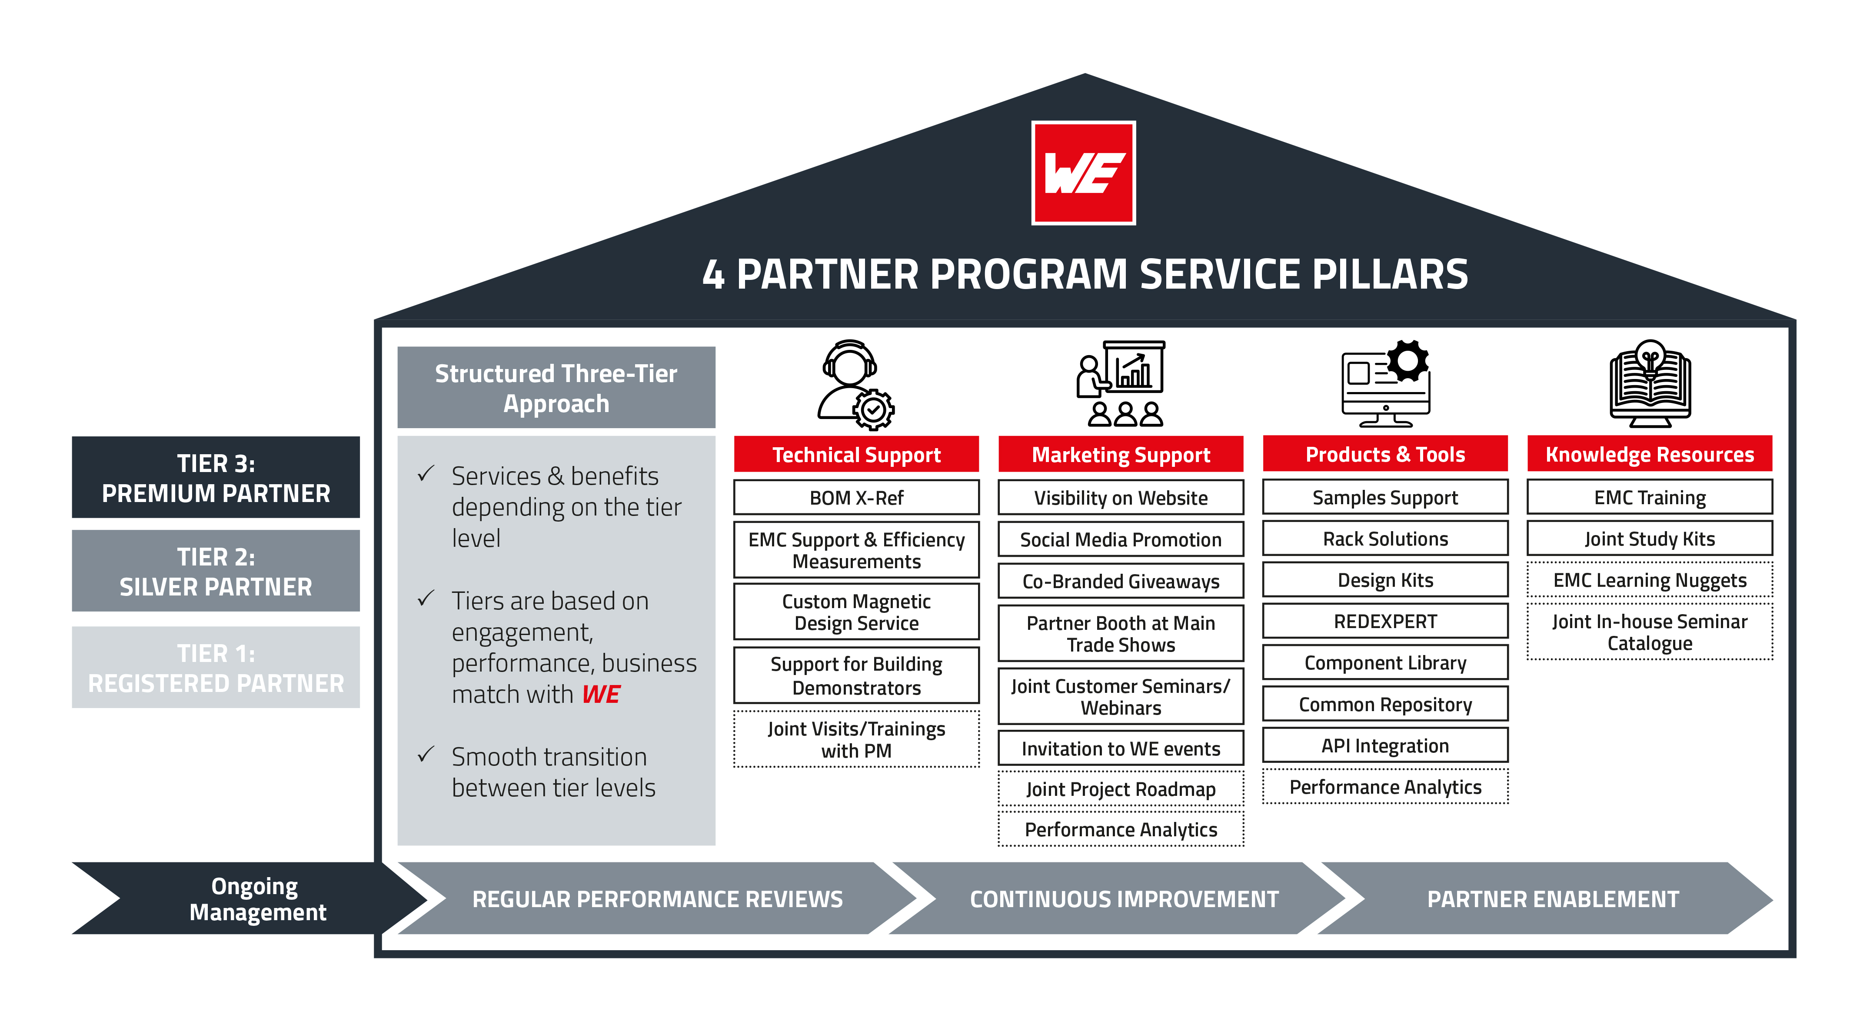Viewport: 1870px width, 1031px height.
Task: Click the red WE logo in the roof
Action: (1083, 173)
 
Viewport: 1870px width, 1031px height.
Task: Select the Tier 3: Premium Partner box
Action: (216, 478)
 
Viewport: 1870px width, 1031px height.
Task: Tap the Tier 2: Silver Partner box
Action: (216, 572)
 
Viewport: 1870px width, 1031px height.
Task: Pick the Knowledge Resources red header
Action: (1649, 455)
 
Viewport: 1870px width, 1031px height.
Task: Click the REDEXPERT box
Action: (1385, 622)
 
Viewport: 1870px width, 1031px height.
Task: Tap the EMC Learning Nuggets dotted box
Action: (1649, 580)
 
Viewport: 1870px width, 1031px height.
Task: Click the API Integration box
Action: (1385, 746)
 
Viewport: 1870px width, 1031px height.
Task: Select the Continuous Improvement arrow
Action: (1124, 899)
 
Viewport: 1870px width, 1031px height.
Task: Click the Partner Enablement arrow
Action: (1553, 899)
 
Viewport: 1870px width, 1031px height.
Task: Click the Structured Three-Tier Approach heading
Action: (556, 388)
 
